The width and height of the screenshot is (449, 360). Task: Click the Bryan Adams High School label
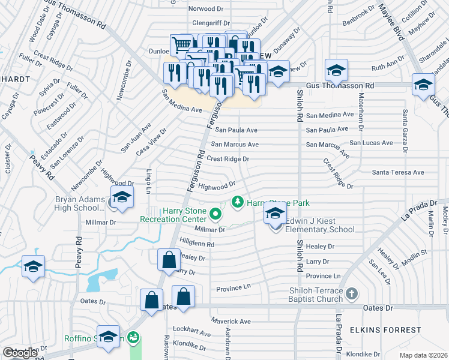tap(80, 203)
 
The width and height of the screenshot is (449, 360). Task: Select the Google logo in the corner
tap(20, 353)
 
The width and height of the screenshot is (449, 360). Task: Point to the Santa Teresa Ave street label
tap(398, 172)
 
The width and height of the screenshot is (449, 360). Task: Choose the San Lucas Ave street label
tap(371, 143)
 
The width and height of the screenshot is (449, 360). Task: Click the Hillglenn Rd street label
tap(196, 243)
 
